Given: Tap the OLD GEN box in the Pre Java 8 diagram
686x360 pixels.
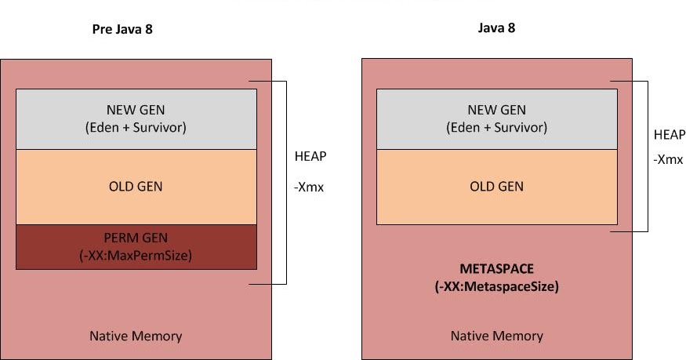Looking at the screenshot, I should pyautogui.click(x=136, y=187).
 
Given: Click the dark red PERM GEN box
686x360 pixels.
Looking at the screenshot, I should pyautogui.click(x=136, y=247).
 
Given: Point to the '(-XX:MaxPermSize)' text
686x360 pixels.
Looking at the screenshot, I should pyautogui.click(x=136, y=254).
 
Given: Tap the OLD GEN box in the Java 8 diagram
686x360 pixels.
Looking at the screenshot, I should pyautogui.click(x=496, y=187).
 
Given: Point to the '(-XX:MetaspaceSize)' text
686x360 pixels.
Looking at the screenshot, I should pyautogui.click(x=496, y=287).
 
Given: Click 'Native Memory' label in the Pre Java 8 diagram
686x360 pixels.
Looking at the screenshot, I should pyautogui.click(x=136, y=336).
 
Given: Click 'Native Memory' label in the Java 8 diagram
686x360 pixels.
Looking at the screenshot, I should pyautogui.click(x=496, y=336).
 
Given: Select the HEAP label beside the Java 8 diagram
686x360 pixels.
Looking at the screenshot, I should pyautogui.click(x=669, y=135).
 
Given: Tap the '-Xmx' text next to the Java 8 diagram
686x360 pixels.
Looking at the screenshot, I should pyautogui.click(x=669, y=158).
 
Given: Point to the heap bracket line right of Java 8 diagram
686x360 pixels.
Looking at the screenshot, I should pyautogui.click(x=648, y=156).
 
